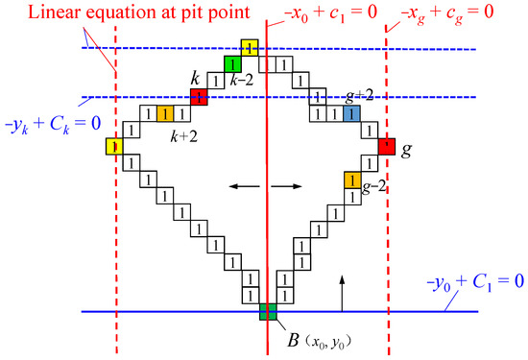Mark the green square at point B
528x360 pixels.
(267, 311)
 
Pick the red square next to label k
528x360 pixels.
(199, 97)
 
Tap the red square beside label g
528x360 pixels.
(386, 147)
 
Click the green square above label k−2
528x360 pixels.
(231, 64)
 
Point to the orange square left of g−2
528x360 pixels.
(352, 180)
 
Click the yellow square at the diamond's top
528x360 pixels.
(249, 48)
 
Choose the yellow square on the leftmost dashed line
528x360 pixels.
(115, 147)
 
